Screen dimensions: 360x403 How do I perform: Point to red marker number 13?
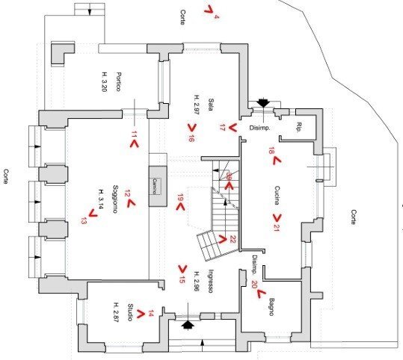83,221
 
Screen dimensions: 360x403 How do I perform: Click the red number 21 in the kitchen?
277,226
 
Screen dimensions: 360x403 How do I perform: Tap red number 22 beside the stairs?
233,239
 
